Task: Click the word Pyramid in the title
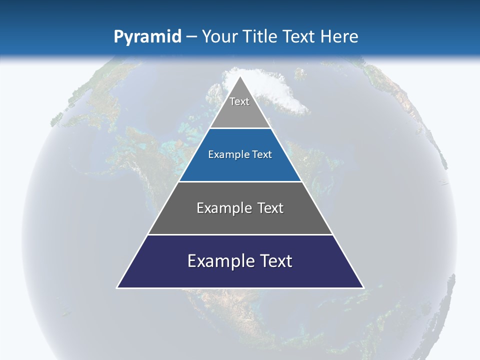[147, 37]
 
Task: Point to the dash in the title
[191, 37]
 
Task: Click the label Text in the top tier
[239, 101]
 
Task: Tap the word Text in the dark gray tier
[270, 208]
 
